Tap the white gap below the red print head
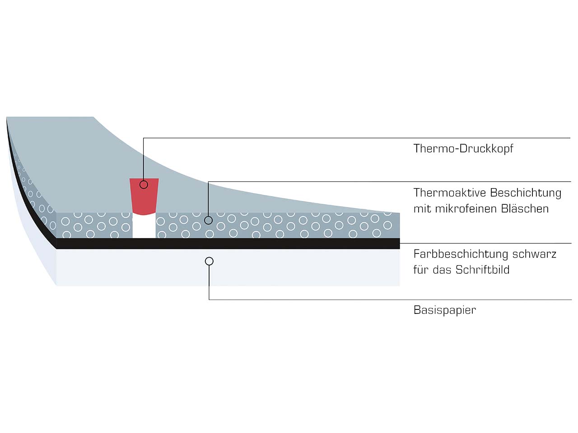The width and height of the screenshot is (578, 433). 144,226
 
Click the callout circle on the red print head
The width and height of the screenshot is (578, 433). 144,184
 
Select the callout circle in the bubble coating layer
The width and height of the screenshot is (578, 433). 208,220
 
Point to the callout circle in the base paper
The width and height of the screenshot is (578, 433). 209,261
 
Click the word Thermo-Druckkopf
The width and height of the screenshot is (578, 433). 463,149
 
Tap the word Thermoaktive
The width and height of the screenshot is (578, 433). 450,193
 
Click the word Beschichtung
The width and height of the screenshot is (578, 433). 526,193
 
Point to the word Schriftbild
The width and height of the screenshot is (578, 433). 482,270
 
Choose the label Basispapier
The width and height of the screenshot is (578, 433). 445,310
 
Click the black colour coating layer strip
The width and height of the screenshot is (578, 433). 271,244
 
